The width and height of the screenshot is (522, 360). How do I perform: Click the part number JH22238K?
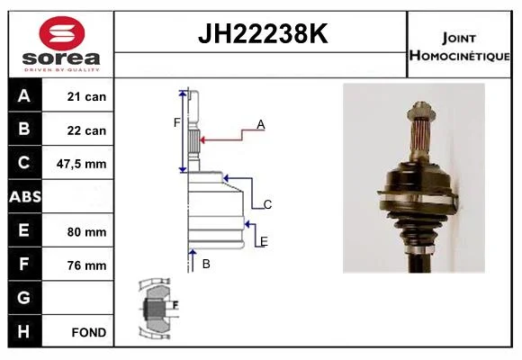point(263,33)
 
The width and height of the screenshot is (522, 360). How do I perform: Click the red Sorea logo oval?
point(62,33)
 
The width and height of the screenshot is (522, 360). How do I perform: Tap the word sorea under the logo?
point(61,58)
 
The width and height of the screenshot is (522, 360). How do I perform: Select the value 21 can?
point(86,96)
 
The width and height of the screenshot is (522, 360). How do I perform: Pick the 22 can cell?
point(86,130)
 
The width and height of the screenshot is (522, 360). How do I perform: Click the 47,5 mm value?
point(82,164)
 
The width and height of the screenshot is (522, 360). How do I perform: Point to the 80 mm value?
point(86,232)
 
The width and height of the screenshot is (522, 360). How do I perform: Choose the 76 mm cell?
point(86,265)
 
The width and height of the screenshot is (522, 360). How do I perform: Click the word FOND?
point(89,332)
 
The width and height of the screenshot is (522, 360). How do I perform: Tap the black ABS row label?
point(25,196)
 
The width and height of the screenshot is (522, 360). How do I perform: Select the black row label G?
point(25,297)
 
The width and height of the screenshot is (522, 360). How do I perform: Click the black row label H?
point(25,331)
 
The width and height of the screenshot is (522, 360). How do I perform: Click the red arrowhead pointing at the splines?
point(202,139)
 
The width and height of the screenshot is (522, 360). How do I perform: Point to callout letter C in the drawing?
point(267,204)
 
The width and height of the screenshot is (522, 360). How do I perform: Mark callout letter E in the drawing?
point(264,241)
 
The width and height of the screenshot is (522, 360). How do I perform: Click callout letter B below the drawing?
point(206,264)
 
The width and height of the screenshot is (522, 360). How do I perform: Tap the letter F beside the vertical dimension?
point(176,123)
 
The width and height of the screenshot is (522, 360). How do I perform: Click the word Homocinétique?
point(459,56)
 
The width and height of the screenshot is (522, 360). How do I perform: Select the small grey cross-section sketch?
point(157,309)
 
